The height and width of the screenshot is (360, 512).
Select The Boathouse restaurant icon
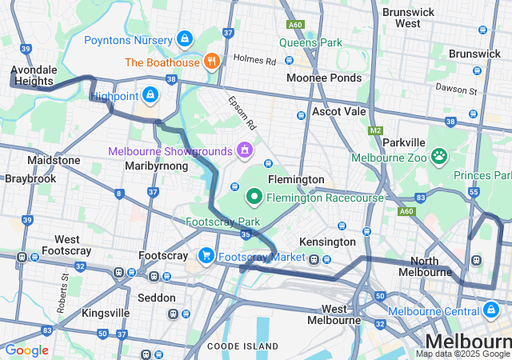211,61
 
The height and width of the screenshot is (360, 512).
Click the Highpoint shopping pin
150,95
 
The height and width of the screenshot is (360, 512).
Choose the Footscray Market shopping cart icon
206,256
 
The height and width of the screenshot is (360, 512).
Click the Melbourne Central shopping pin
490,310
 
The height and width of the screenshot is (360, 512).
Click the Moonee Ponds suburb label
324,78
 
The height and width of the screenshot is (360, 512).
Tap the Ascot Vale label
338,111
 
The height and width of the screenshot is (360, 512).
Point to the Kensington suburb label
326,242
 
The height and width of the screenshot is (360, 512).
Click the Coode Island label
242,346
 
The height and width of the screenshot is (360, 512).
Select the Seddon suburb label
157,298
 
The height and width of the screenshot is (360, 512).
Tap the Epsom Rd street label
242,114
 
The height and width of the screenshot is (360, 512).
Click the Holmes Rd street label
254,59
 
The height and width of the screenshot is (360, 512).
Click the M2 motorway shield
376,130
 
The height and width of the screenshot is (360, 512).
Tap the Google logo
26,350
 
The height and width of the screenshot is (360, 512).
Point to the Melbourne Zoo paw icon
438,156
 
